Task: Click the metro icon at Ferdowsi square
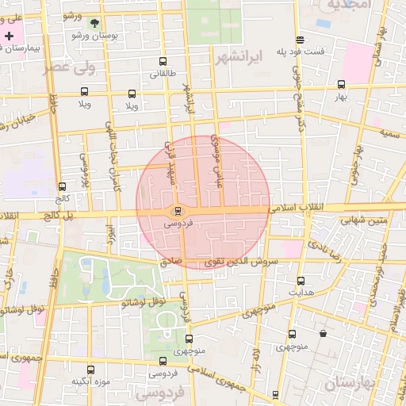click(x=176, y=211)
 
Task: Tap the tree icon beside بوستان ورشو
click(x=94, y=23)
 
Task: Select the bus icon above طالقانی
click(x=163, y=62)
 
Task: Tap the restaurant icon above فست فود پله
click(x=300, y=40)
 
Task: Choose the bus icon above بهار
click(x=341, y=84)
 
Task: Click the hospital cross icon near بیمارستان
click(x=9, y=36)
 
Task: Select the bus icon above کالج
click(x=62, y=186)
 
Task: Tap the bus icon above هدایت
click(x=301, y=281)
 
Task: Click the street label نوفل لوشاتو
click(x=144, y=301)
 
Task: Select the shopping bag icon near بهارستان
click(x=323, y=334)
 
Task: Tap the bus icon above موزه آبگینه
click(x=90, y=370)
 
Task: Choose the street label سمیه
click(x=388, y=132)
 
